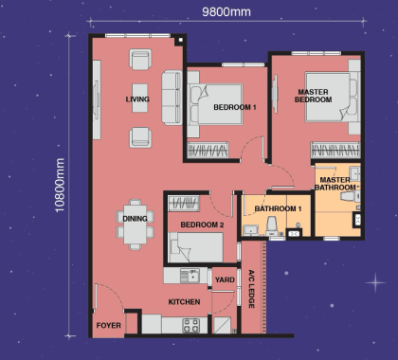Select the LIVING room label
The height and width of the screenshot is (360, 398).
(137, 99)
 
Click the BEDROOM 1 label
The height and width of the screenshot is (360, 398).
(234, 108)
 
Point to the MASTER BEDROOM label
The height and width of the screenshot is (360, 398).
(312, 95)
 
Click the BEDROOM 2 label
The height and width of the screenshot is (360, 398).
(202, 225)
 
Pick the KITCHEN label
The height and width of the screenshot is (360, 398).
(184, 300)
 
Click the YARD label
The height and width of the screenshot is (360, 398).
(225, 279)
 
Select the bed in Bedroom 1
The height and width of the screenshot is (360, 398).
(217, 104)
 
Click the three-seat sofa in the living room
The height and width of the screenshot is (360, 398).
(172, 99)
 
